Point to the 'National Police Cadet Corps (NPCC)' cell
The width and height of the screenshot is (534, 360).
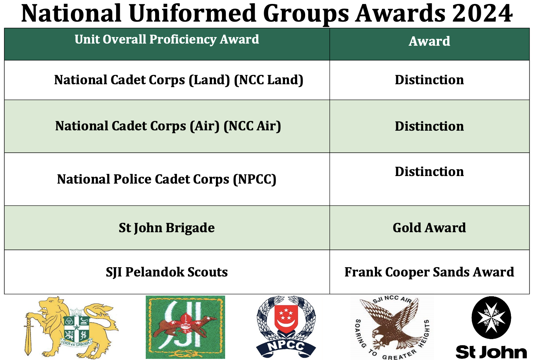(167, 179)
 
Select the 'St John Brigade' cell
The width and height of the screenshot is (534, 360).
(167, 228)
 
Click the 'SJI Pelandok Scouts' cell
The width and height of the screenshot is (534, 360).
(167, 272)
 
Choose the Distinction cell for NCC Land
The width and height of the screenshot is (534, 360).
(429, 80)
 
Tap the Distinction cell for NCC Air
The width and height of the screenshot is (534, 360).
(429, 126)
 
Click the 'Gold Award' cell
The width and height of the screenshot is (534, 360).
(429, 228)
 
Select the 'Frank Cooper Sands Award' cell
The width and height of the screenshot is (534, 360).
(429, 272)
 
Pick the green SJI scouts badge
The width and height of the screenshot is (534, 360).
(185, 327)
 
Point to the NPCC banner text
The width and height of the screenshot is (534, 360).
(286, 346)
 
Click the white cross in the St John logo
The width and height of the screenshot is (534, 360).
(491, 318)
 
